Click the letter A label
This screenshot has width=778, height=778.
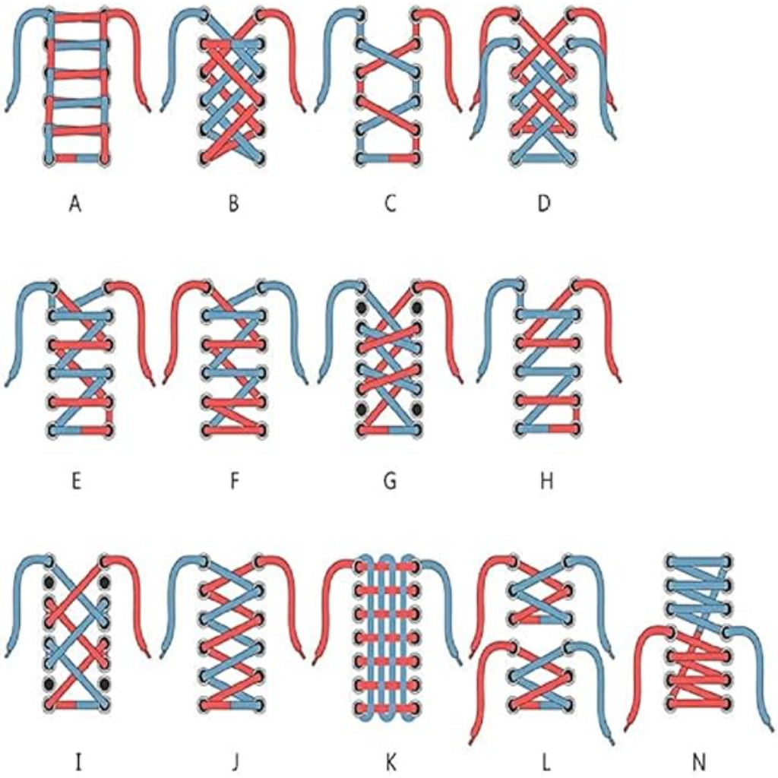(75, 204)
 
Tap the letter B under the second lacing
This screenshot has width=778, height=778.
(234, 204)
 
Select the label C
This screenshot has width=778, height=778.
(391, 204)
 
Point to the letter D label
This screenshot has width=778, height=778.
(544, 204)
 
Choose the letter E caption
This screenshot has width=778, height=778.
(76, 481)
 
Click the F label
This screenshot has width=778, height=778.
(235, 481)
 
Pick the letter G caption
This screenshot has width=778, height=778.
(391, 481)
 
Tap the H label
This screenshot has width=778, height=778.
(546, 481)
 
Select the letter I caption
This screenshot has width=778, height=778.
(77, 761)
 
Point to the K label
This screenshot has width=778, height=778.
(391, 761)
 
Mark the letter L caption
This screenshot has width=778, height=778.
(546, 761)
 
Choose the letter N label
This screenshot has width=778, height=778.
(699, 761)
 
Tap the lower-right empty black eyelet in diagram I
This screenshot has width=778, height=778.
(105, 684)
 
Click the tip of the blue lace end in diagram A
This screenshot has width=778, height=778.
(6, 110)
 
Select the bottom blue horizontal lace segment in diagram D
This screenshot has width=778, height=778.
(544, 159)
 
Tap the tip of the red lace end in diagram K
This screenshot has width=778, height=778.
(315, 662)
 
